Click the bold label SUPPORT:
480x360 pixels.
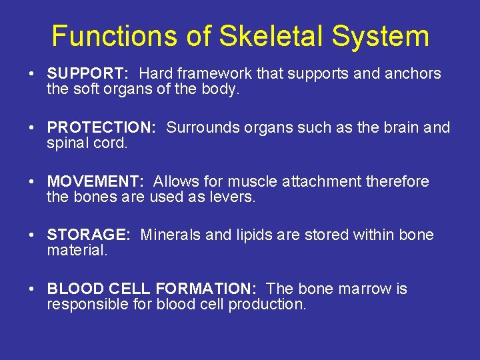pos(88,73)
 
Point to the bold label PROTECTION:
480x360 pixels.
pos(101,127)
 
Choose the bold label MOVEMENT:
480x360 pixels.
pos(95,181)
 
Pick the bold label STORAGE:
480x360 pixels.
pos(89,235)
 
